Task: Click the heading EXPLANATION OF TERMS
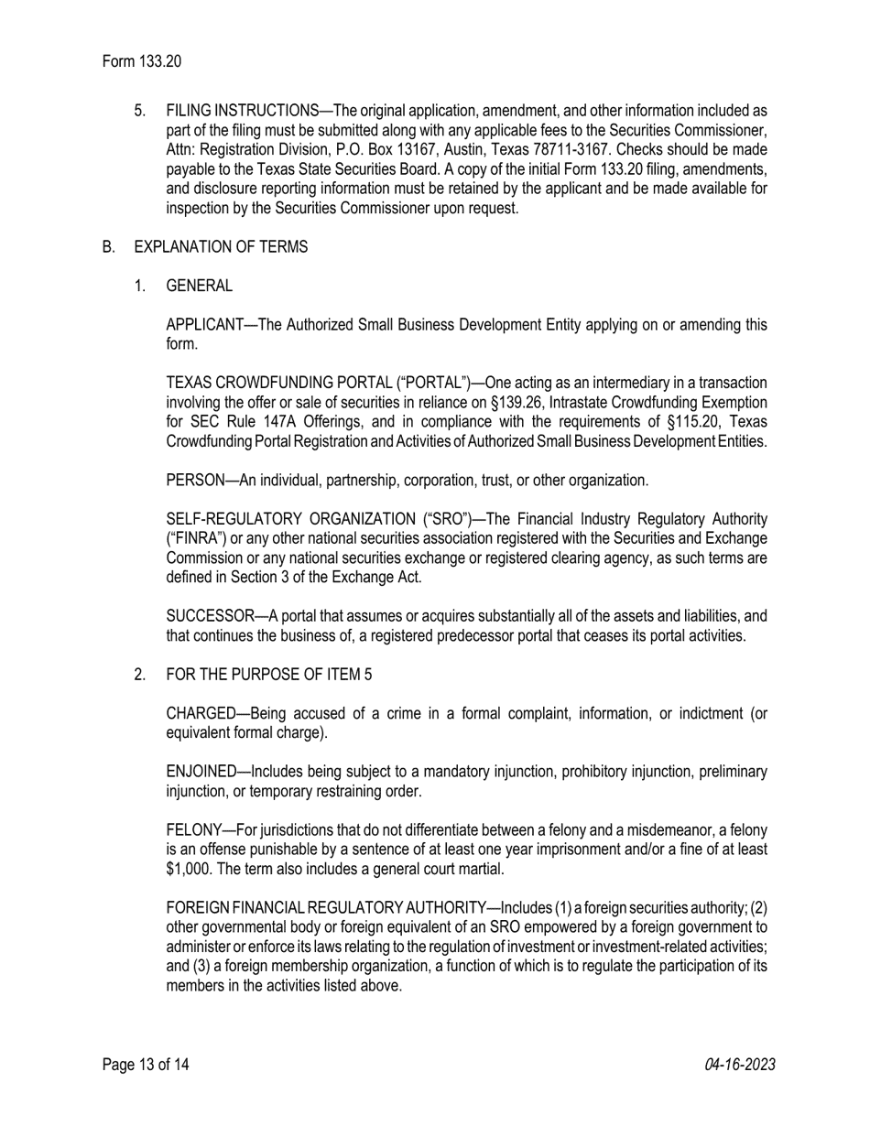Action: tap(221, 247)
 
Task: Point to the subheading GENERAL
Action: tap(199, 286)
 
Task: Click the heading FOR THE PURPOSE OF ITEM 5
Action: tap(268, 675)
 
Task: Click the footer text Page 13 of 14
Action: tap(146, 1065)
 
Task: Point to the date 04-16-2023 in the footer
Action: tap(740, 1065)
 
